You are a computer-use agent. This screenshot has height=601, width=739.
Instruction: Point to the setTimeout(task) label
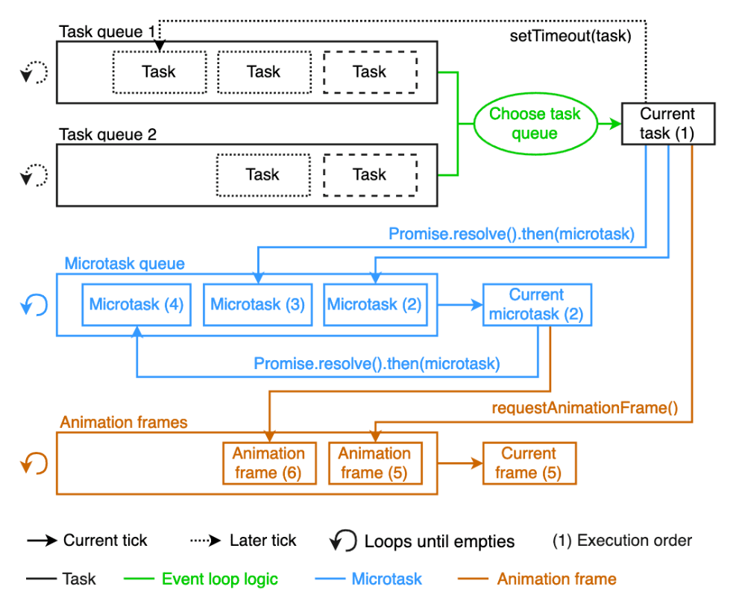570,36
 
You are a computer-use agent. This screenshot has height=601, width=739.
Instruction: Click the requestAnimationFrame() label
585,408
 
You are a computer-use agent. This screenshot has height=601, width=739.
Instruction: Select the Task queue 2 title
107,134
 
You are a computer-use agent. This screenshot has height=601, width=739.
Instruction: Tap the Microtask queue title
125,263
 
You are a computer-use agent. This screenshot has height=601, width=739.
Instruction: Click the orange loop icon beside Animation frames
34,463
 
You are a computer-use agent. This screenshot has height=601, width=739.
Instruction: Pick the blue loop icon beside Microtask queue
34,304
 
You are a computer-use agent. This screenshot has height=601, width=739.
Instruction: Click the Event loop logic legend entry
201,579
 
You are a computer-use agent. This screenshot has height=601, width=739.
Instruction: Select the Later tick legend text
263,540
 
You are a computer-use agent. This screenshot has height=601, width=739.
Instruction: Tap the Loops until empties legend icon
343,540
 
